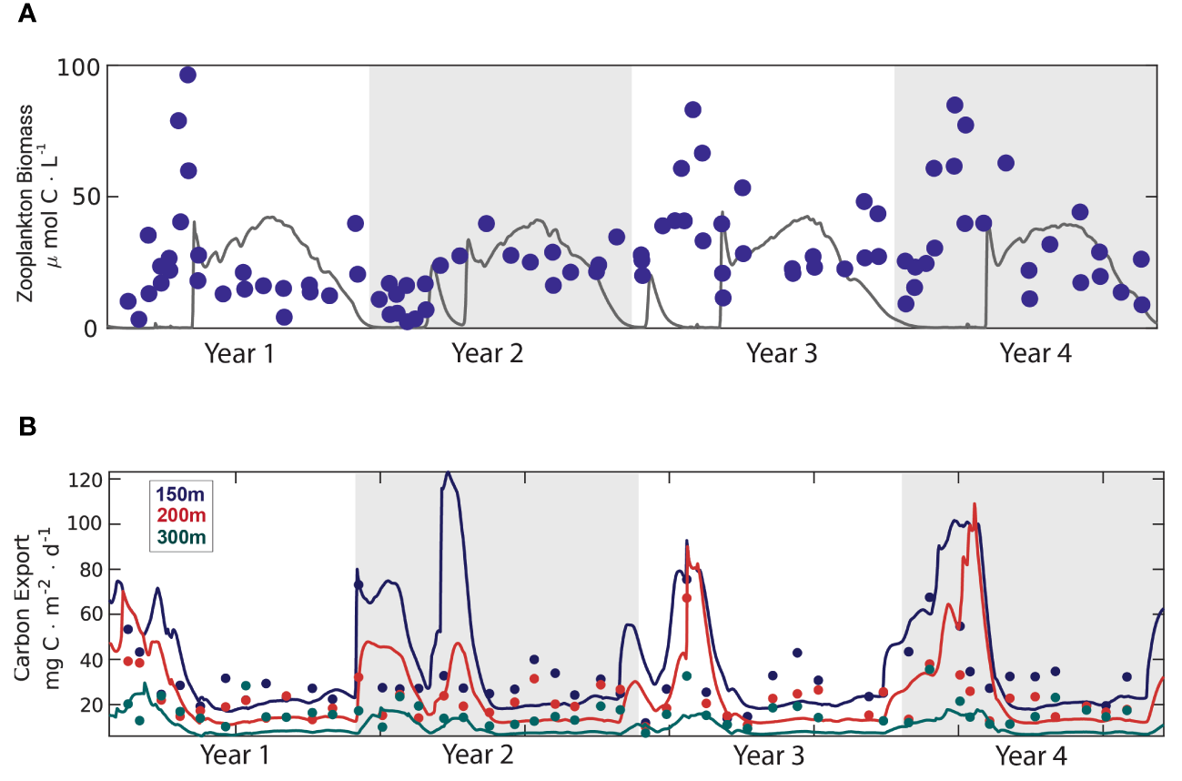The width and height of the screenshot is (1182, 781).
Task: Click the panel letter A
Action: [27, 15]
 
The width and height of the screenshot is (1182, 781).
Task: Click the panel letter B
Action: [27, 425]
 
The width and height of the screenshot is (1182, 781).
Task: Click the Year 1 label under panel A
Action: [239, 353]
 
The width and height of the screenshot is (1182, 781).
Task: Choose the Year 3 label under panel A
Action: [782, 353]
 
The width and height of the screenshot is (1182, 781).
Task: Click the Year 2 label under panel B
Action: [478, 755]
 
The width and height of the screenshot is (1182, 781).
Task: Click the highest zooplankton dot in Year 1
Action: [187, 75]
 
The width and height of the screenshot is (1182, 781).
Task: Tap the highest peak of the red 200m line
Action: [975, 503]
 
